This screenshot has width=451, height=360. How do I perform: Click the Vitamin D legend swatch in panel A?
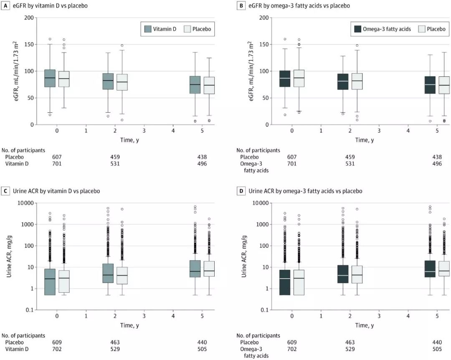pos(147,29)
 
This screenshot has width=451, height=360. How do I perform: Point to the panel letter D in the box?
pos(241,191)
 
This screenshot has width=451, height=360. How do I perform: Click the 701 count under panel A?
pos(57,164)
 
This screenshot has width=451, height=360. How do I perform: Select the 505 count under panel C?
pos(202,349)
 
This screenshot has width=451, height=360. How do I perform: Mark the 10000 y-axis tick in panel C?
pos(24,203)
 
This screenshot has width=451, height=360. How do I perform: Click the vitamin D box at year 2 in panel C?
pos(108,273)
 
